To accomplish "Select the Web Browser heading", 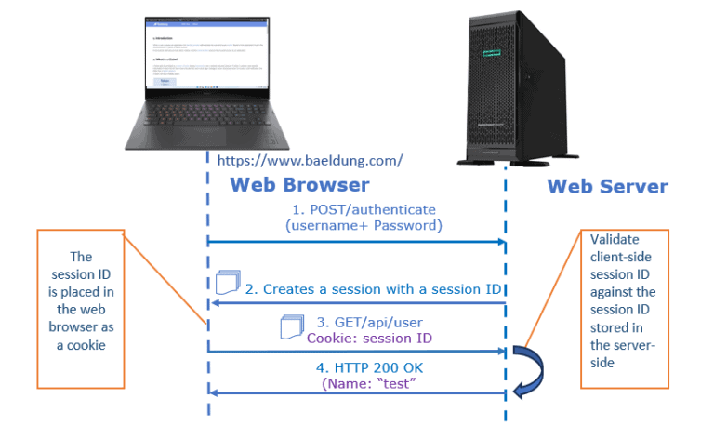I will coord(299,184).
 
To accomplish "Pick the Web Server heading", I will coord(607,186).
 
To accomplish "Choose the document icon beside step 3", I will coord(292,326).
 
